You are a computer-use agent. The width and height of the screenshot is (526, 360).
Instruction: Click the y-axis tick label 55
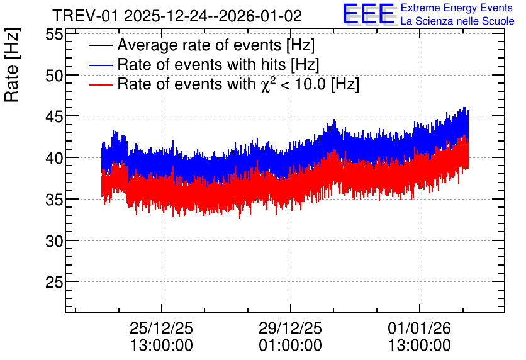coord(54,34)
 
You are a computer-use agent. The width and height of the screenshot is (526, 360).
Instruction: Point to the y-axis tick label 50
coord(54,76)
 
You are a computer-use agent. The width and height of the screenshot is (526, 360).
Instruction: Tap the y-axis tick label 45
coord(54,117)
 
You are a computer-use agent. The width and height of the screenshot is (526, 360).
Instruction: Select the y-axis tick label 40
coord(54,158)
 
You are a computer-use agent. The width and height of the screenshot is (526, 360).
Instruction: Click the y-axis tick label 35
coord(54,200)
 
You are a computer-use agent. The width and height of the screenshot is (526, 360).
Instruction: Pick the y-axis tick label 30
coord(54,241)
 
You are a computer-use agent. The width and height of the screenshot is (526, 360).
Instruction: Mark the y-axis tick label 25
coord(54,282)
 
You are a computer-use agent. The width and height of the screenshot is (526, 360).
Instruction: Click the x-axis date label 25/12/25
coord(161,328)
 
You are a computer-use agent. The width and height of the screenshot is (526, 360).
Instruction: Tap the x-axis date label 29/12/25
coord(290,328)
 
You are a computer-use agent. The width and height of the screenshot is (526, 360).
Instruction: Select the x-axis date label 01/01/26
coord(419,328)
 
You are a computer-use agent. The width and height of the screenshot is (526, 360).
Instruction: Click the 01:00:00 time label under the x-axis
coord(290,346)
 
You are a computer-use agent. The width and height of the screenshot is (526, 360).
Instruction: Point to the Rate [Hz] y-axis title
coord(12,65)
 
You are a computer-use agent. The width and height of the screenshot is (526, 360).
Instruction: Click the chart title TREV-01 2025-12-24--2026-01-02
coord(177,16)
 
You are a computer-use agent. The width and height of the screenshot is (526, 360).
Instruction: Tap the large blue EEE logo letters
coord(369,14)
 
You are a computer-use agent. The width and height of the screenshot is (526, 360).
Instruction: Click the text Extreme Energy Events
coord(457,8)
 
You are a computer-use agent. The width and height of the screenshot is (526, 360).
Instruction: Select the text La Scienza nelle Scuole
coord(457,21)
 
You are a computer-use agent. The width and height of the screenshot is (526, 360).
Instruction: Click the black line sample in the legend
coord(101,45)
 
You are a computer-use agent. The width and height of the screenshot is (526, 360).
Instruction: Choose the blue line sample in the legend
coord(101,65)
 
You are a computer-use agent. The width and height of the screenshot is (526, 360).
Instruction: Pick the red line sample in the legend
coord(101,84)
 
